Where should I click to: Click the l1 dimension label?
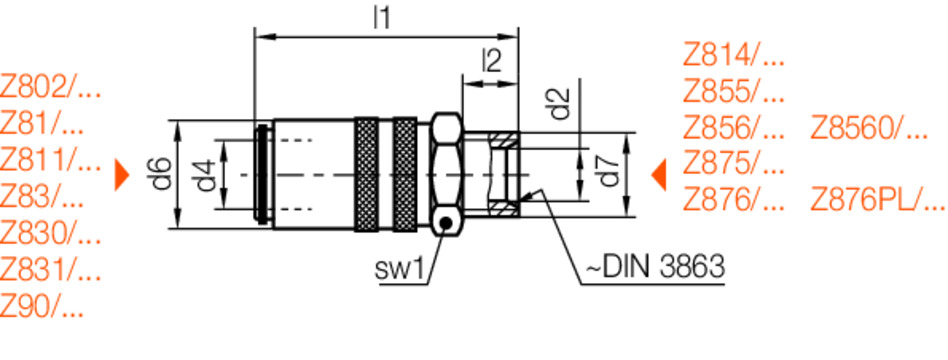pyautogui.click(x=381, y=18)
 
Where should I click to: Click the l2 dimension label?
pyautogui.click(x=492, y=61)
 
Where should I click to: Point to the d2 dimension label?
pyautogui.click(x=563, y=103)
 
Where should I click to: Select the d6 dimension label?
pyautogui.click(x=161, y=174)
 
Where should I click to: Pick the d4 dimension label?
pyautogui.click(x=206, y=175)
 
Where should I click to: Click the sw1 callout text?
pyautogui.click(x=400, y=270)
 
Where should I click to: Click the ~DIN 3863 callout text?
pyautogui.click(x=654, y=267)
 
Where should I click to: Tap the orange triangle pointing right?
pyautogui.click(x=122, y=175)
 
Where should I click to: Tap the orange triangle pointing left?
pyautogui.click(x=659, y=175)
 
